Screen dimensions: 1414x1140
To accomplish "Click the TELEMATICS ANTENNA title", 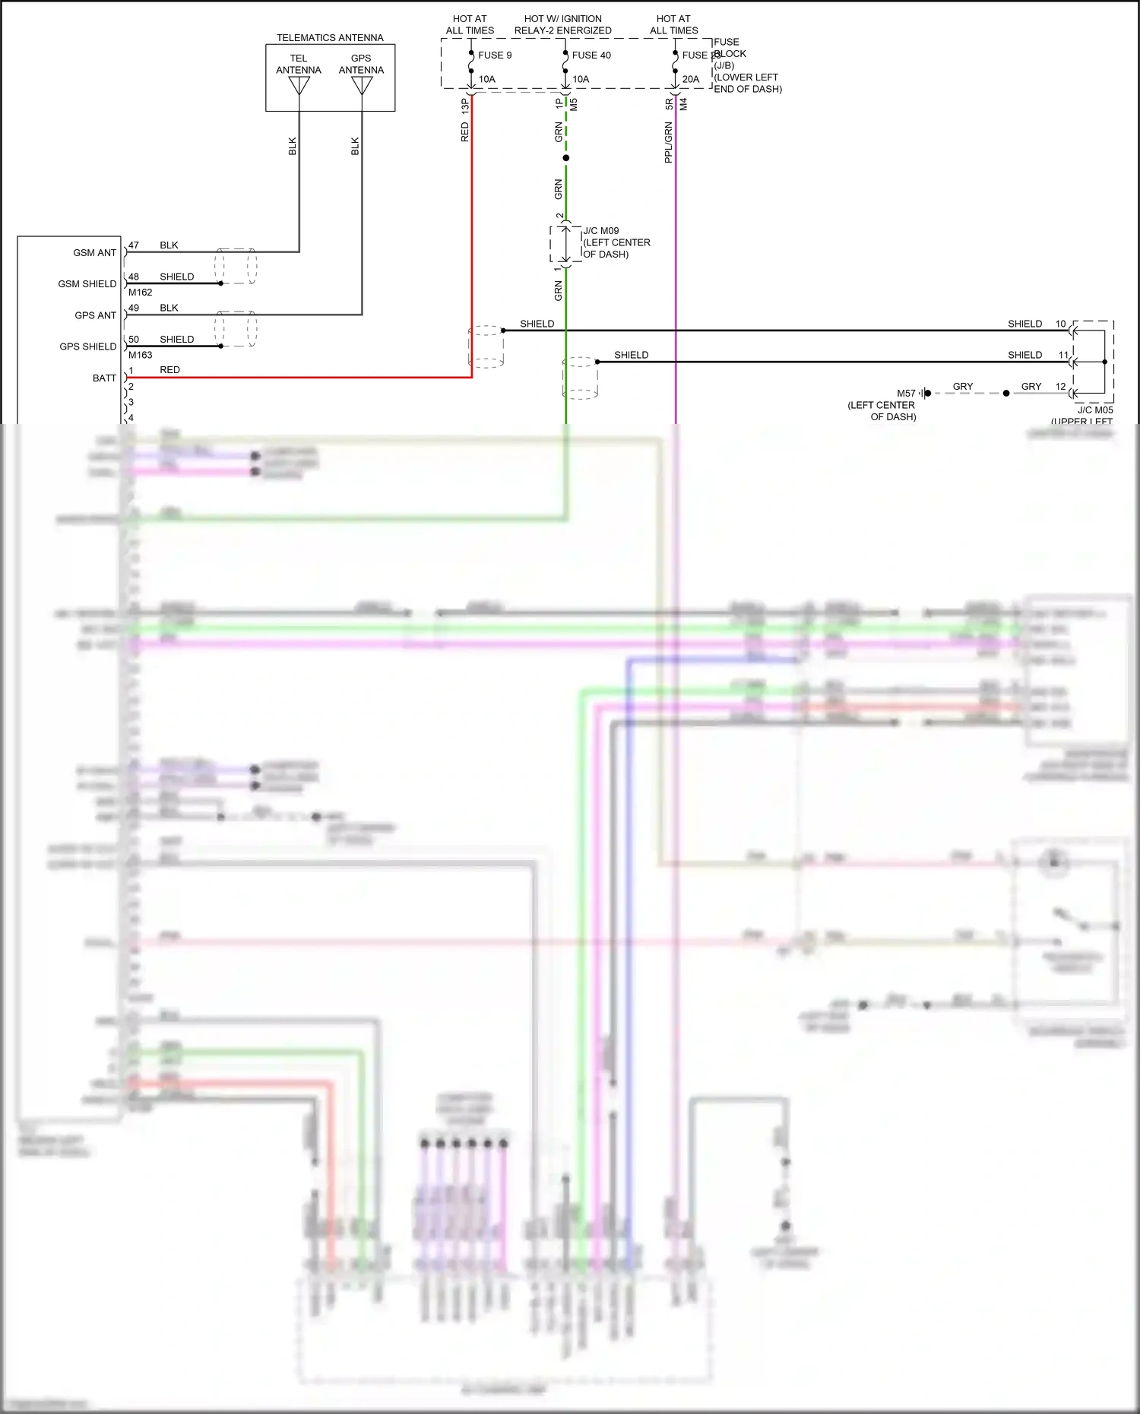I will [x=330, y=37].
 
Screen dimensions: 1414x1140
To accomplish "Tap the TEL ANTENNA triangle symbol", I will [x=299, y=86].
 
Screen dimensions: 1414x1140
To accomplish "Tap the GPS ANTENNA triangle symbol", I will [x=362, y=86].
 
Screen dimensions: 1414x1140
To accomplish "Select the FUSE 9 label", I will [x=495, y=55].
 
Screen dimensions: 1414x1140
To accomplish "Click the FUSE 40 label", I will [x=591, y=55].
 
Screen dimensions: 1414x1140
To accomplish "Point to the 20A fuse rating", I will [x=690, y=79].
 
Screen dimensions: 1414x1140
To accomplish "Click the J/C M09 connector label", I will [x=601, y=231].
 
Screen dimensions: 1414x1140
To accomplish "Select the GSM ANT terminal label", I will [x=95, y=253].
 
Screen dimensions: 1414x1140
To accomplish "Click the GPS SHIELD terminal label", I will [x=88, y=346].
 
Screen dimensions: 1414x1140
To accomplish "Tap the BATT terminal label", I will [x=104, y=378].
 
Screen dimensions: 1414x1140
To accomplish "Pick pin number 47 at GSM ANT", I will [x=134, y=245].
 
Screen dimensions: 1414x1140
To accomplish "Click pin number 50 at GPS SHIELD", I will [x=134, y=340].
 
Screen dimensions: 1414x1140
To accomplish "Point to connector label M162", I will [x=141, y=293].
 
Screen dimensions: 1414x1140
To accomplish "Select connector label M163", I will [x=141, y=355].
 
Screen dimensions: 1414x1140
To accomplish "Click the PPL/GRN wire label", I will [x=669, y=142].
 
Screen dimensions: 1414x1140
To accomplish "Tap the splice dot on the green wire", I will [x=565, y=158].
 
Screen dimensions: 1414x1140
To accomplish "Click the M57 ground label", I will [x=906, y=394].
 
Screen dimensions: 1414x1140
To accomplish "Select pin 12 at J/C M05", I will [x=1060, y=387].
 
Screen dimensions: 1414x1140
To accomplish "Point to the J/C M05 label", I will [x=1095, y=410].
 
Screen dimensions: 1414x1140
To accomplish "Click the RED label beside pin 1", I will [x=169, y=370].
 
